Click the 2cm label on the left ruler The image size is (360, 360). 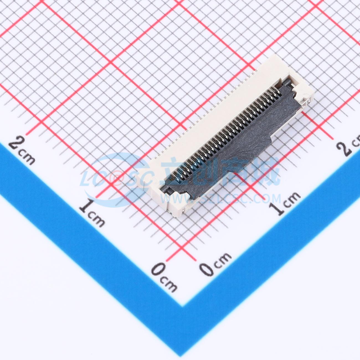[22, 151]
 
